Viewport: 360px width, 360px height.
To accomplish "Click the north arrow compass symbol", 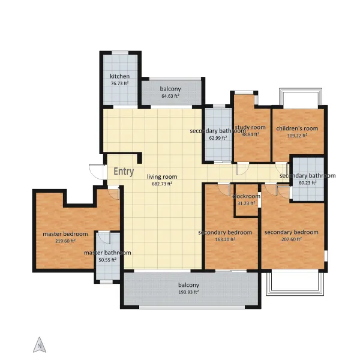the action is coord(40,345).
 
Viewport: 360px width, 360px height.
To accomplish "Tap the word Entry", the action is coord(124,172).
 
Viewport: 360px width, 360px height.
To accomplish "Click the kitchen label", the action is coord(119,76).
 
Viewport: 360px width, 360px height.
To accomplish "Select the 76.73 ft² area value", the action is coord(119,83).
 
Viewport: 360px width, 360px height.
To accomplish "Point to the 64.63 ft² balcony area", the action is coord(170,96).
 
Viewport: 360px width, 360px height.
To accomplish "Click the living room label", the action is coord(162,177).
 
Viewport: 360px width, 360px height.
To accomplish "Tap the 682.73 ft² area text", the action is coord(162,184).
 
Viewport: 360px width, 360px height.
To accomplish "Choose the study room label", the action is coord(250,127).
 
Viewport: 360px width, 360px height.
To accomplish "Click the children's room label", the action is coord(297,128).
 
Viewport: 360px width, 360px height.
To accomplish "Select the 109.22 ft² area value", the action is coord(297,136).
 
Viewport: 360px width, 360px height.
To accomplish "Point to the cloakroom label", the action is coord(247,196).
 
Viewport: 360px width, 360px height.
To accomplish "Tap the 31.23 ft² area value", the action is coord(247,203).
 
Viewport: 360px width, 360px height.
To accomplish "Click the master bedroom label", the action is coord(65,234).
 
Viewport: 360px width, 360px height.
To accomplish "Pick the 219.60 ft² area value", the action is coord(65,241).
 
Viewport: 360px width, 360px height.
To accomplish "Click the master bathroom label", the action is coord(107,253).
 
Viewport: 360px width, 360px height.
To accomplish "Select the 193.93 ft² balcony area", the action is coord(188,292).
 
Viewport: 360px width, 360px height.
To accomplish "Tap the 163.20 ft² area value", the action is coord(225,239).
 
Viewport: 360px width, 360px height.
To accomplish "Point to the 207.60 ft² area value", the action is coord(292,239).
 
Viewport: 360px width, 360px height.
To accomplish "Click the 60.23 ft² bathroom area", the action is coord(307,183).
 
